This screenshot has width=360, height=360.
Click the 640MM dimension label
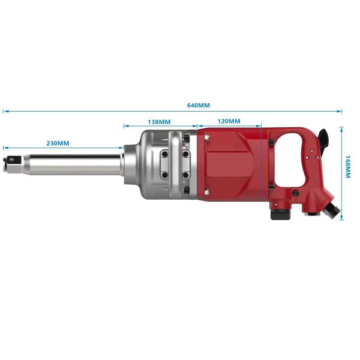[x=199, y=106]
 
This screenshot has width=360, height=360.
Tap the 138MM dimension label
[x=159, y=122]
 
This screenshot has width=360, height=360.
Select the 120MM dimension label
[x=229, y=121]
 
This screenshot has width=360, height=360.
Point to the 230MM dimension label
[x=58, y=143]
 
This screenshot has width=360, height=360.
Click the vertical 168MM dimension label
[x=348, y=167]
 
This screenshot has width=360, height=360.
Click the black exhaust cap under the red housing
[x=280, y=214]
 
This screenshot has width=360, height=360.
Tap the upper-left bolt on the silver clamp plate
[x=164, y=154]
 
